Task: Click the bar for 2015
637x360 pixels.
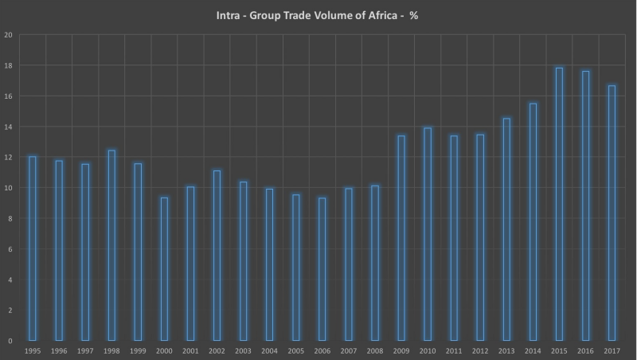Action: (559, 204)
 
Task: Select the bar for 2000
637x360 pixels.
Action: (164, 269)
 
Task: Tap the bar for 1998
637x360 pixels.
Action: (111, 245)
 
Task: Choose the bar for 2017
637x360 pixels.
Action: (612, 213)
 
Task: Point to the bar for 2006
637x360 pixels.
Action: (322, 269)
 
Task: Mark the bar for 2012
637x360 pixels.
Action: (480, 237)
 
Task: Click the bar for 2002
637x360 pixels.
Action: (217, 256)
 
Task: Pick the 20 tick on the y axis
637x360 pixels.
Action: (9, 35)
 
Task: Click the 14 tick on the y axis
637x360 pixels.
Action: (9, 127)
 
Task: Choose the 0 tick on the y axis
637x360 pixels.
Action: (10, 341)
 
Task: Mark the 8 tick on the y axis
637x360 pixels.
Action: (10, 219)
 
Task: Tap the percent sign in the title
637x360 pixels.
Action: (414, 15)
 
